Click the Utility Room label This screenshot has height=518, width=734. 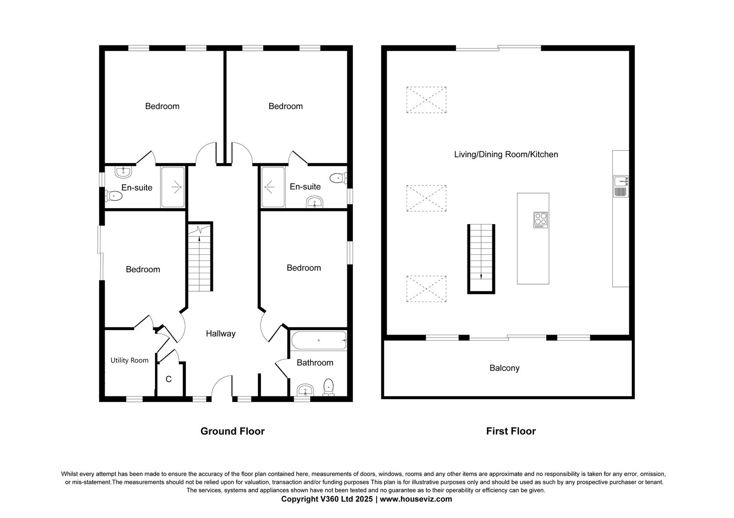coord(129,360)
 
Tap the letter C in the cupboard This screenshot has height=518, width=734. coord(169,379)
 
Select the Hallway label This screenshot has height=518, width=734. coord(221,334)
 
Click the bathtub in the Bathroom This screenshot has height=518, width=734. coord(319,341)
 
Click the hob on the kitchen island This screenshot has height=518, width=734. coord(540,220)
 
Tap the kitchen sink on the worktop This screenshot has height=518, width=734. coord(621,186)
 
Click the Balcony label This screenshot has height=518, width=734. coord(504,368)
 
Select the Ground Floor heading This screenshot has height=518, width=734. coord(232,431)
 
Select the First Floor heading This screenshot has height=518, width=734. coord(511,431)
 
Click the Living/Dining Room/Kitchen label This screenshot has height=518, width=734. coord(506,154)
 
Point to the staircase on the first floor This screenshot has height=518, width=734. coord(481,259)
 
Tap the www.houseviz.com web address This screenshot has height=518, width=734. coord(416,499)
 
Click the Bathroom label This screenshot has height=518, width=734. coord(315,363)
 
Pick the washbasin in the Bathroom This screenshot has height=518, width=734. coord(306,390)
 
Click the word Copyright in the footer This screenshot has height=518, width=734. coord(300,499)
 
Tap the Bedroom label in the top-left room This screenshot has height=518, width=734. coord(162,106)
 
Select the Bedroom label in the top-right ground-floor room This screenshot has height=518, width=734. coord(285,106)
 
